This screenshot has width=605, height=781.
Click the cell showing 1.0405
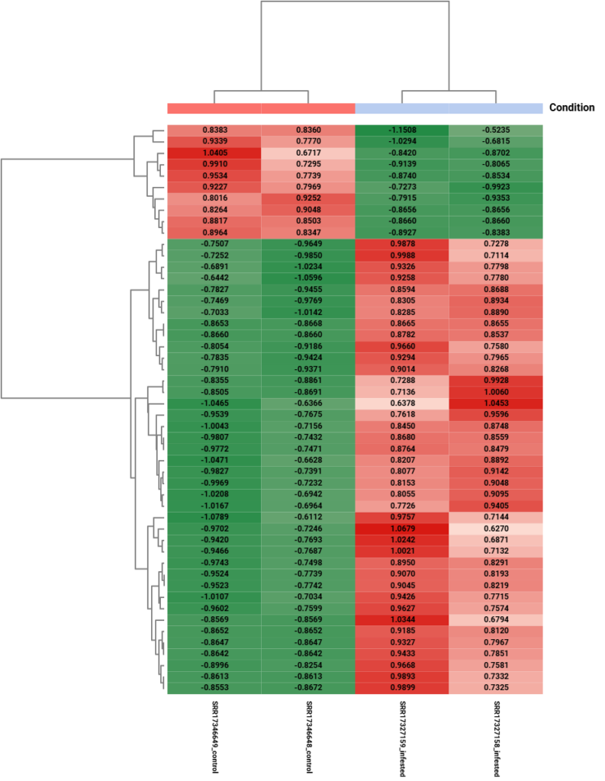[214, 153]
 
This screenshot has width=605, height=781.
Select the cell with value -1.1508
[402, 130]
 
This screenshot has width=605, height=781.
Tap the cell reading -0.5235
[496, 130]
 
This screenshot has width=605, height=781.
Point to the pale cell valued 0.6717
[308, 153]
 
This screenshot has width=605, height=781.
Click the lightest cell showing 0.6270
[496, 529]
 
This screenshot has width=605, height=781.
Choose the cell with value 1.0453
[496, 403]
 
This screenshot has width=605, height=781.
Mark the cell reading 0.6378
[402, 403]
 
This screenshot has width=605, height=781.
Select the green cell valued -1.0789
[214, 517]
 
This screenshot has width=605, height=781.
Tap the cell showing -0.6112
[308, 517]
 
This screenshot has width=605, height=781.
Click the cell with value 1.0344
[402, 619]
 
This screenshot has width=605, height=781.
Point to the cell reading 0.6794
[496, 619]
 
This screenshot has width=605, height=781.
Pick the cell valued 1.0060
[496, 392]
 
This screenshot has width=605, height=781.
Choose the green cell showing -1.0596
[308, 278]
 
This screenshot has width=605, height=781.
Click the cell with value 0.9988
[402, 255]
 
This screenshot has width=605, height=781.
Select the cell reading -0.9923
[496, 187]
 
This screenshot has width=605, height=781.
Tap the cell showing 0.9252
[308, 198]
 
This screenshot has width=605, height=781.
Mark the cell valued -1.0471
[214, 460]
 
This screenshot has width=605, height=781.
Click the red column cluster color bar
[261, 109]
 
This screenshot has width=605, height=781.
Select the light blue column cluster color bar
[449, 109]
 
